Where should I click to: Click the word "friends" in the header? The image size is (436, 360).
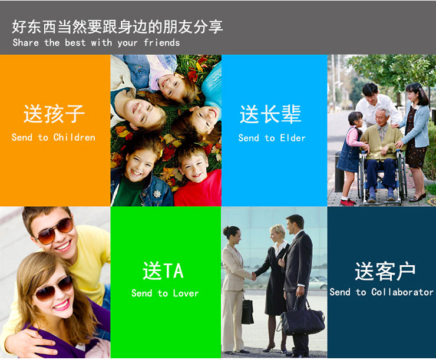(162, 42)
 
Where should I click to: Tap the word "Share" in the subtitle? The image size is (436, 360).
(25, 42)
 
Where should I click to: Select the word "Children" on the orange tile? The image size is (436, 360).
(74, 137)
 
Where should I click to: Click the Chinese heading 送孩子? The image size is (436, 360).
(54, 114)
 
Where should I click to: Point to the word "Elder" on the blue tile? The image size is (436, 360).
(293, 138)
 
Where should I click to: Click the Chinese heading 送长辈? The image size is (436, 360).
(270, 114)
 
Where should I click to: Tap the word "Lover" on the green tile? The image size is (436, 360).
(186, 293)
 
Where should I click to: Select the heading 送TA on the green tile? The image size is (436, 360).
(163, 270)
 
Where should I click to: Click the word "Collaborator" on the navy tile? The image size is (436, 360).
(402, 292)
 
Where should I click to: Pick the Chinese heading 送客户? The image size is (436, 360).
(385, 271)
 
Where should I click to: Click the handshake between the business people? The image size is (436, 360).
(253, 276)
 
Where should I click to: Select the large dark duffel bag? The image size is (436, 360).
(302, 320)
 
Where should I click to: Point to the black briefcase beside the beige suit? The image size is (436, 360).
(247, 311)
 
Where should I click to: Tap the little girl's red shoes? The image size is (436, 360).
(347, 202)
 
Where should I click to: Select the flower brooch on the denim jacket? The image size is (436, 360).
(157, 194)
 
